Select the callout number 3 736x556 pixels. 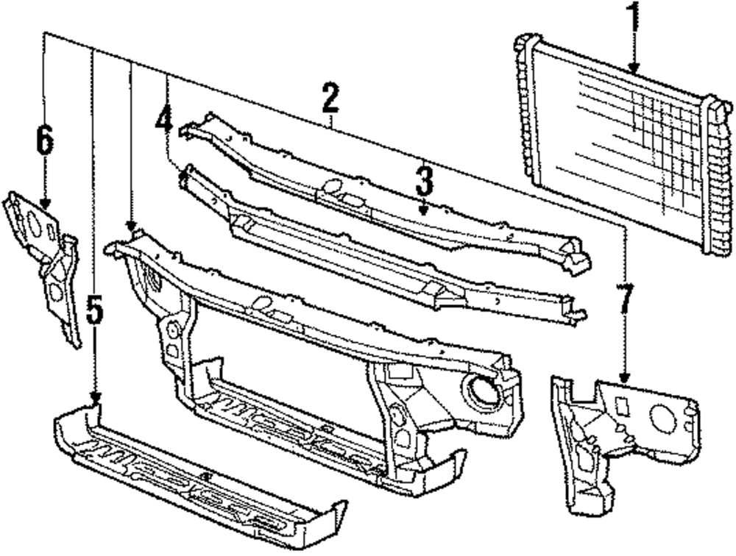pyautogui.click(x=424, y=181)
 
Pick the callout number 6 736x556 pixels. pyautogui.click(x=45, y=140)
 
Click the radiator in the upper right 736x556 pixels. pyautogui.click(x=618, y=143)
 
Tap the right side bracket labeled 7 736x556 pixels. pyautogui.click(x=618, y=434)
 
